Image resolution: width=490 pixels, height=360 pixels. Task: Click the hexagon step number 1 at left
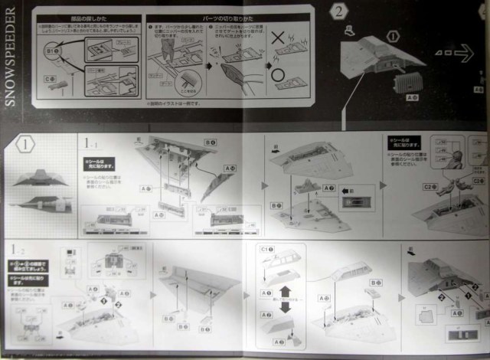[x=26, y=144]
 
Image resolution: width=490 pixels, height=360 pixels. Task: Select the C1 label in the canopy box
[x=267, y=250]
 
